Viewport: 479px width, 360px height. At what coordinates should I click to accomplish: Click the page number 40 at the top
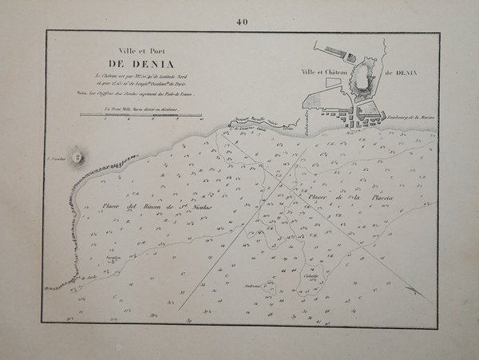point(242,22)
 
